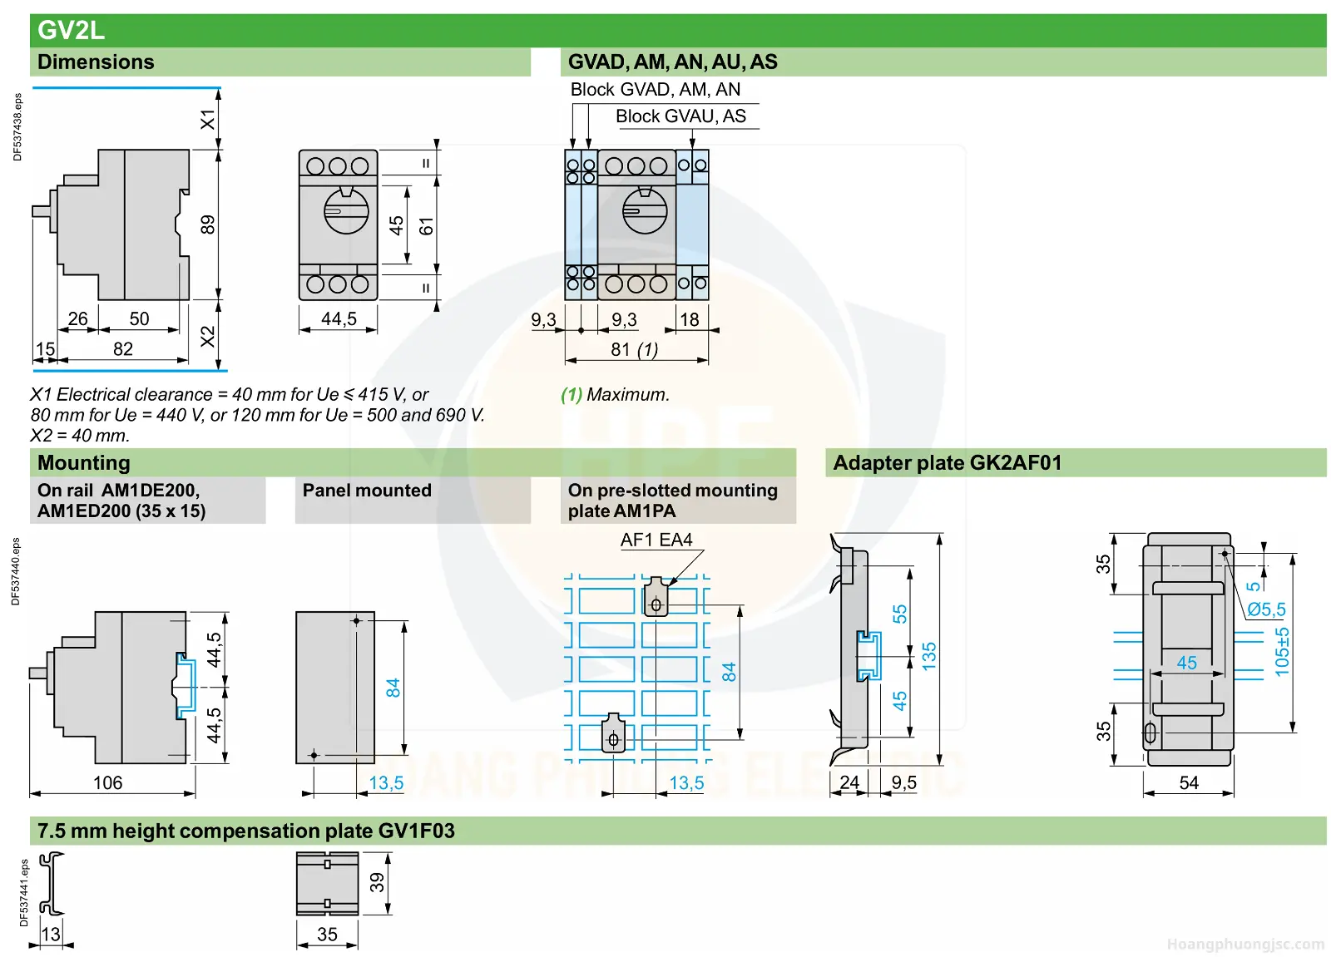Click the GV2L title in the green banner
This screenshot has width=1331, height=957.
coord(71,30)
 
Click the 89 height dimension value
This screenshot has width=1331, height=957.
coord(207,224)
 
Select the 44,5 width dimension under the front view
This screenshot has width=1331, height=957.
coord(339,319)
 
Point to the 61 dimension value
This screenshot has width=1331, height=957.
coord(426,225)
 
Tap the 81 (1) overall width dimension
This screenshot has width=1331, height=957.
coord(634,349)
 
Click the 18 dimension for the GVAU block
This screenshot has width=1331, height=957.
coord(690,319)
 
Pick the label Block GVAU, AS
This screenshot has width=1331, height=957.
coord(680,116)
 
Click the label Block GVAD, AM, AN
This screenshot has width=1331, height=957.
coord(655,90)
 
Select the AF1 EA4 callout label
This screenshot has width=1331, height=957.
coord(656,540)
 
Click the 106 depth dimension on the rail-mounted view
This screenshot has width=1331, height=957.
coord(107,782)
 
